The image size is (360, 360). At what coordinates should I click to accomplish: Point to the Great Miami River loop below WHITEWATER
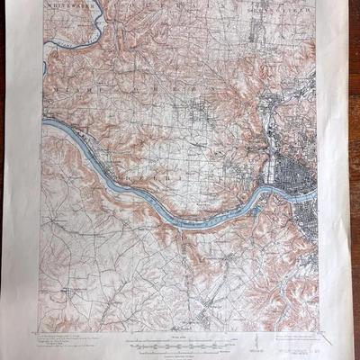76,40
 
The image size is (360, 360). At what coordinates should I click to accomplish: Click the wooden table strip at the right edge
353,180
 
